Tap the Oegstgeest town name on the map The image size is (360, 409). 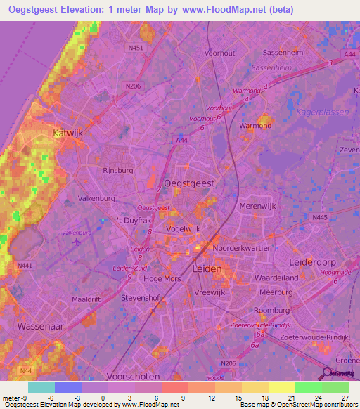[x=189, y=182]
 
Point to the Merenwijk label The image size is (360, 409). [x=259, y=205]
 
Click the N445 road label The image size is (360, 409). [x=319, y=218]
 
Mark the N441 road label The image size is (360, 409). [x=25, y=265]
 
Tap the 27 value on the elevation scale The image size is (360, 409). [x=344, y=398]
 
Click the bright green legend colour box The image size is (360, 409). [x=308, y=387]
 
